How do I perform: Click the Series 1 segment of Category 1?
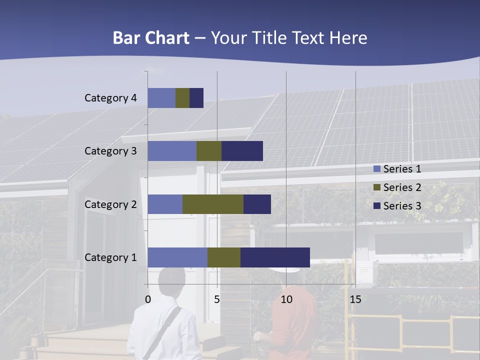pyautogui.click(x=177, y=257)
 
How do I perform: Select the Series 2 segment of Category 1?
pyautogui.click(x=224, y=257)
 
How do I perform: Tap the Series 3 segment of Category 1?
pyautogui.click(x=275, y=257)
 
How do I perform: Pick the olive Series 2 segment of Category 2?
pyautogui.click(x=213, y=204)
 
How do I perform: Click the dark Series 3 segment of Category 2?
pyautogui.click(x=257, y=204)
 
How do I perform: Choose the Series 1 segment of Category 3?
pyautogui.click(x=172, y=151)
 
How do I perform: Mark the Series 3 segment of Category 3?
pyautogui.click(x=242, y=151)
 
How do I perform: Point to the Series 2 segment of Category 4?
pyautogui.click(x=182, y=98)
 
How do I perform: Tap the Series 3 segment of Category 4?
pyautogui.click(x=196, y=98)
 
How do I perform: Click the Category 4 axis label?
pyautogui.click(x=110, y=98)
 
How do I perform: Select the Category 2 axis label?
pyautogui.click(x=110, y=204)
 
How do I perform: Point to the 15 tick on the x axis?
pyautogui.click(x=355, y=299)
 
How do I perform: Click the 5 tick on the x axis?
pyautogui.click(x=217, y=299)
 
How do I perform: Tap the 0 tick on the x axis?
pyautogui.click(x=148, y=299)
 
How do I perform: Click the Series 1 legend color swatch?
pyautogui.click(x=377, y=169)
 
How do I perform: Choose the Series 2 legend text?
pyautogui.click(x=402, y=187)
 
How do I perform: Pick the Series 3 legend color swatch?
pyautogui.click(x=377, y=206)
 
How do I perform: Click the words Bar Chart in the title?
pyautogui.click(x=151, y=38)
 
